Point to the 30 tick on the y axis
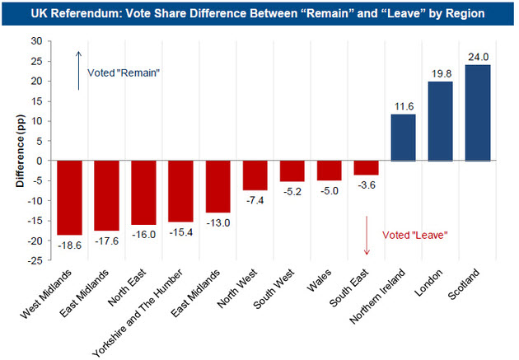[36, 41]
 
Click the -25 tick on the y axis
[35, 261]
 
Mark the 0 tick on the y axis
[39, 161]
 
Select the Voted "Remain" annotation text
[124, 73]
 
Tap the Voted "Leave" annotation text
[415, 235]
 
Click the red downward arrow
[366, 235]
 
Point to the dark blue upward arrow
[79, 70]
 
